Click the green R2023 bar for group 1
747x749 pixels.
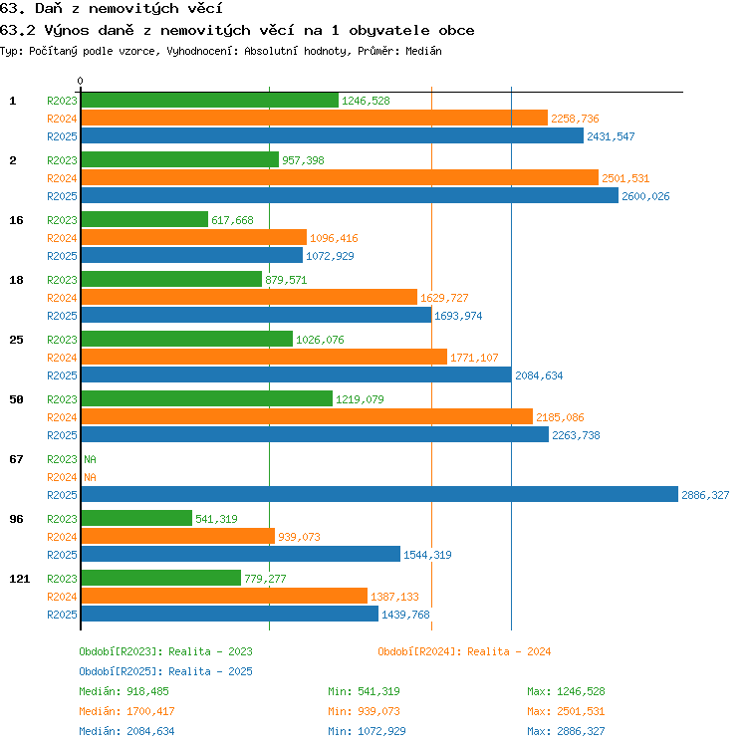210,101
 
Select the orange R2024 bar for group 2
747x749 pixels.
340,177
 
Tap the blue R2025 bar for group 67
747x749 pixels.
379,494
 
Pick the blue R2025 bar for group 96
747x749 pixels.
241,554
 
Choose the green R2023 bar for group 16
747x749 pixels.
144,220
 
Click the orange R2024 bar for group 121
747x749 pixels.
224,597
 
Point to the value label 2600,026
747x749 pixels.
645,196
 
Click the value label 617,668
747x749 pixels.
232,220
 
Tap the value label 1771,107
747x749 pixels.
474,358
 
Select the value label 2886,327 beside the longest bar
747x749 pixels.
705,495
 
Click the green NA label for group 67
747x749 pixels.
90,459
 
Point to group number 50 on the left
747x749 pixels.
16,399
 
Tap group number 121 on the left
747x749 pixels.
20,579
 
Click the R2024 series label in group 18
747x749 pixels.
62,298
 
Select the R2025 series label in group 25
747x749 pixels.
62,375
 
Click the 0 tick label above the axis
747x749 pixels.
80,81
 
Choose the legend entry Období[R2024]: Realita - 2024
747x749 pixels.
464,651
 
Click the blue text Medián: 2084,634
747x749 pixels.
126,731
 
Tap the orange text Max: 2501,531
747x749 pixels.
566,711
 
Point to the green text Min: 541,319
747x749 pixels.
364,691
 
